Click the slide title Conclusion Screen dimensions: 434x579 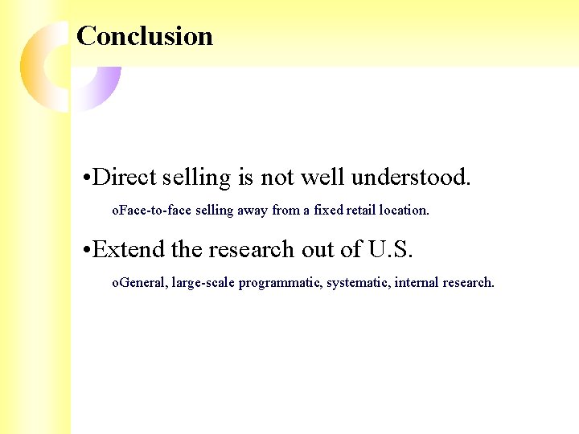[x=145, y=36]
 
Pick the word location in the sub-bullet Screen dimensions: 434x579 [x=404, y=211]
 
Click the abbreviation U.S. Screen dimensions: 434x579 [x=390, y=250]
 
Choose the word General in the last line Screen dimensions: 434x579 [x=141, y=283]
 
